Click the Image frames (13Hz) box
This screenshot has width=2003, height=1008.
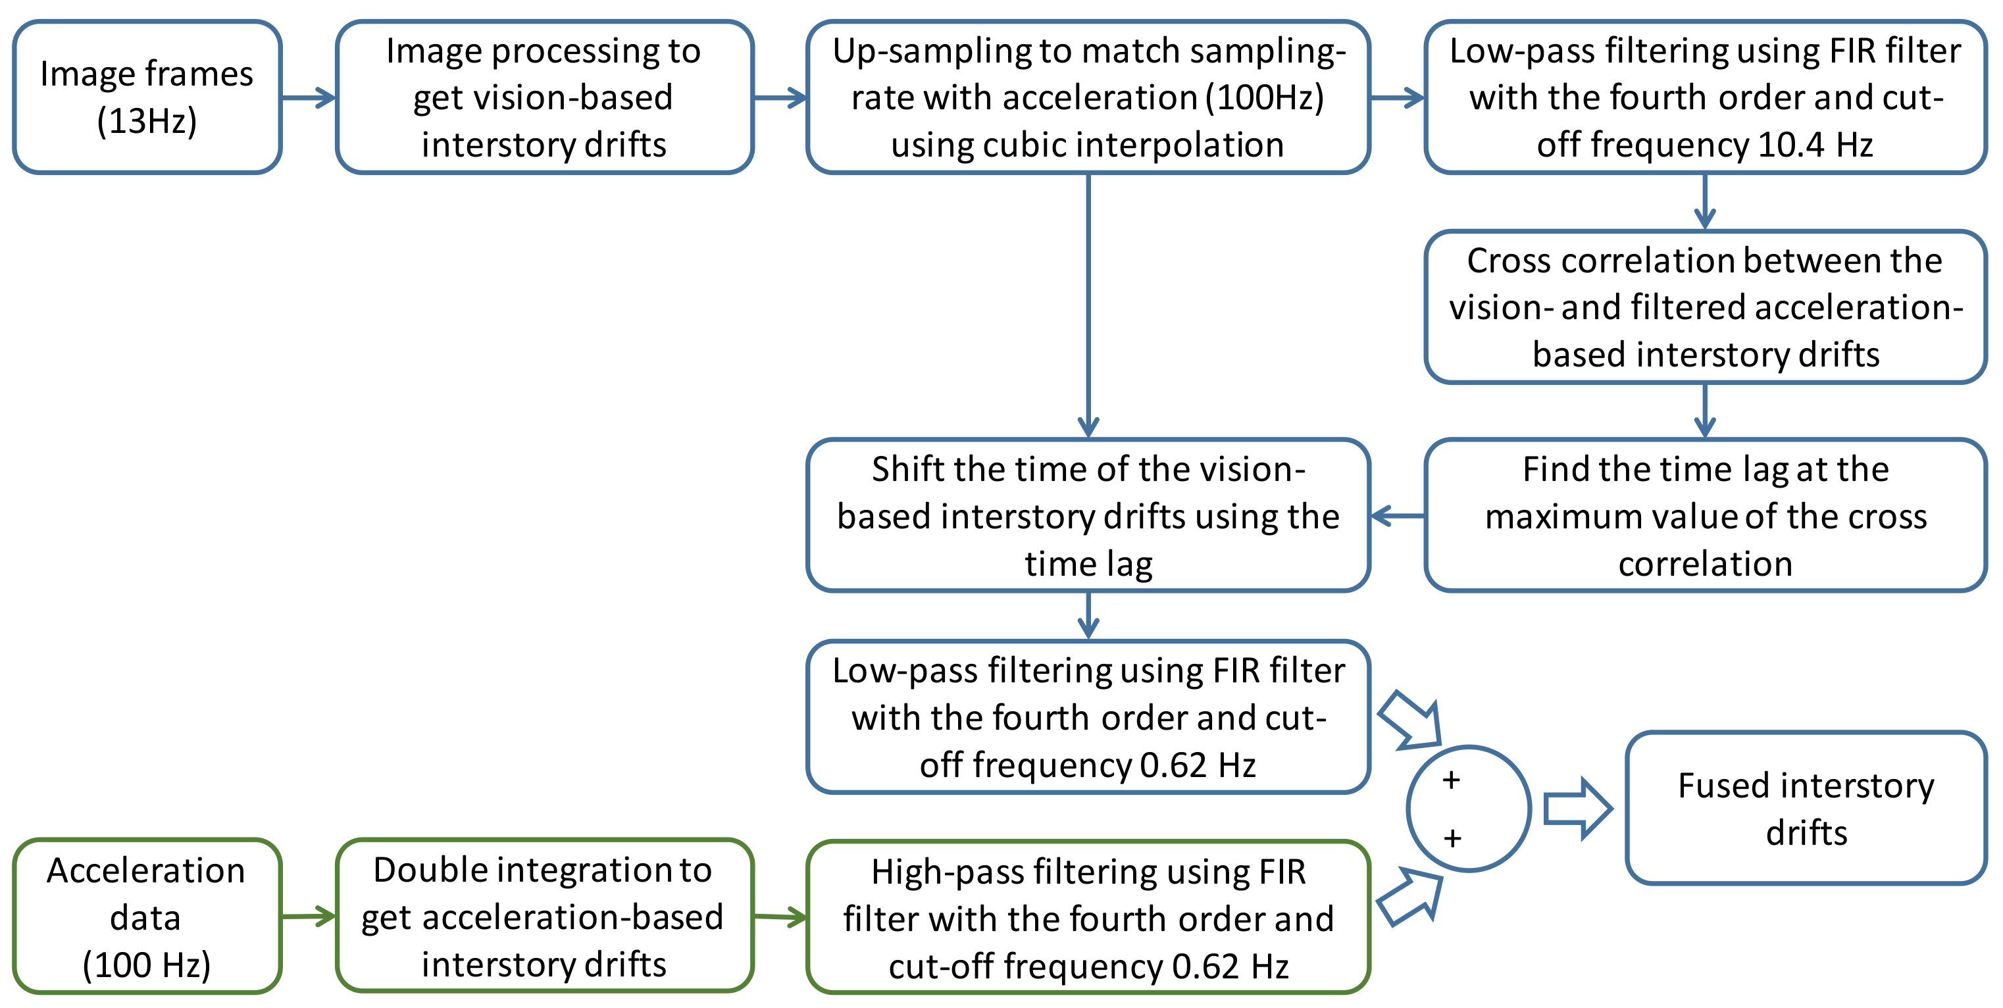coord(147,97)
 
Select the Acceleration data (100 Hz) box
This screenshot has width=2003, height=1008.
coord(147,917)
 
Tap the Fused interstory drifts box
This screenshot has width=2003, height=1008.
coord(1806,808)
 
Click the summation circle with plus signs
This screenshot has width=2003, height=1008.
coord(1468,809)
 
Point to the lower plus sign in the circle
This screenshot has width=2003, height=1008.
coord(1452,838)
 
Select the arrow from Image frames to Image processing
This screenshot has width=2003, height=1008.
coord(309,98)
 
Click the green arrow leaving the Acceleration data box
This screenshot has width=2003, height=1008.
coord(309,917)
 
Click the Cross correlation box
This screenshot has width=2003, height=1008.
coord(1705,307)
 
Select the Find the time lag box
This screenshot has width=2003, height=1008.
coord(1705,516)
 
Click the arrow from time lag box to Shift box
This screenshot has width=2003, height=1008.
coord(1397,516)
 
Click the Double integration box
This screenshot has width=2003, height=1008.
coord(544,917)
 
